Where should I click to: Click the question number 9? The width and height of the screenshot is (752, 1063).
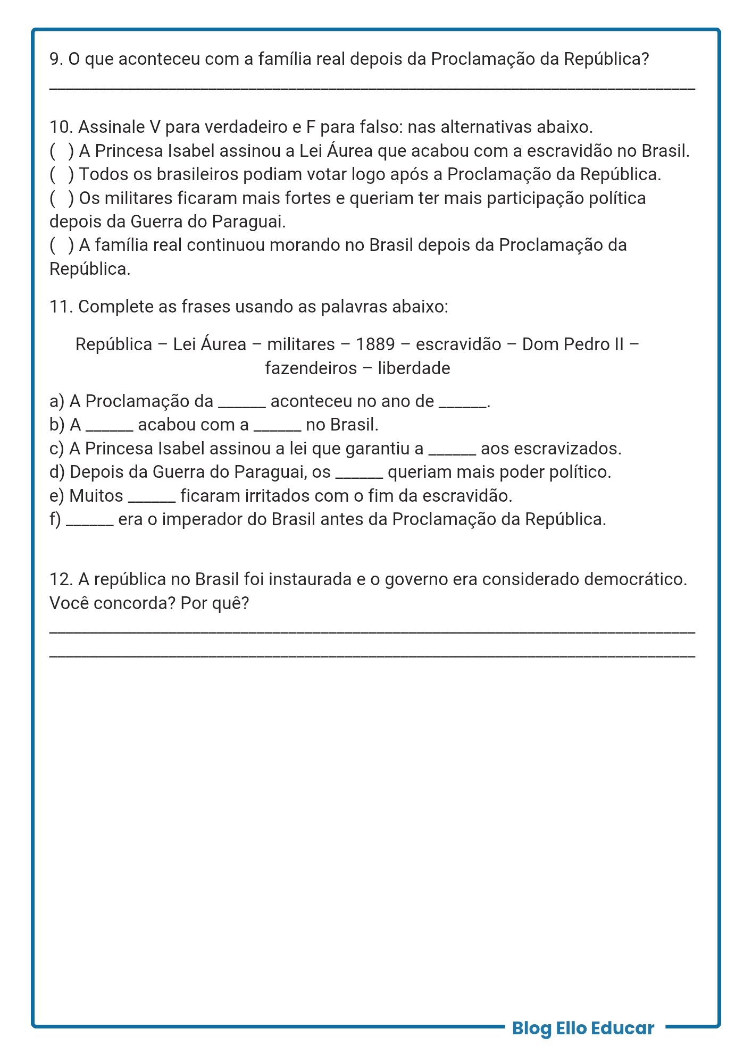[56, 59]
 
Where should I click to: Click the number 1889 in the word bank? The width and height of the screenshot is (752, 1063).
[375, 344]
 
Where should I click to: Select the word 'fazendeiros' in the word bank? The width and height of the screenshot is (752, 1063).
[311, 368]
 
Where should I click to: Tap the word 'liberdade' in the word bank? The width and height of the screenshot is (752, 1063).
[414, 368]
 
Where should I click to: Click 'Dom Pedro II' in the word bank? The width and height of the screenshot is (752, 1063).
[573, 344]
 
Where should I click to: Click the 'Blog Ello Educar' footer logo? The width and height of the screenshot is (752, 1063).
[583, 1028]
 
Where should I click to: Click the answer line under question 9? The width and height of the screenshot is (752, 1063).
[372, 87]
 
